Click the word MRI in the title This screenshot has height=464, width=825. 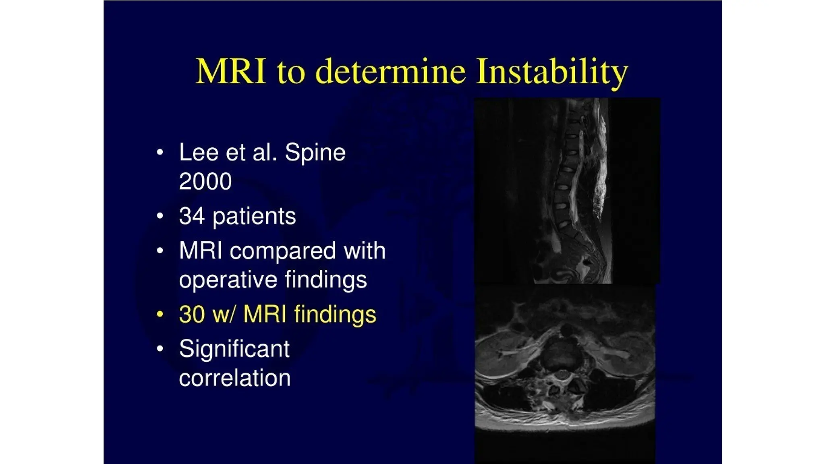coord(231,72)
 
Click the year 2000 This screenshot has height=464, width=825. coord(205,181)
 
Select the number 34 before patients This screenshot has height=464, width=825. coord(192,216)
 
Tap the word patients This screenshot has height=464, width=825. coord(254,217)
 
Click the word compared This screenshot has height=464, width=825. coord(282,251)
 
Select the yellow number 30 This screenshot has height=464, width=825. coord(192,314)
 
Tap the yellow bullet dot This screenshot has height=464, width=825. coord(160,314)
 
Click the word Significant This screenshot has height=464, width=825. coord(234,349)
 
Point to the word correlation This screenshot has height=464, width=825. coord(234,378)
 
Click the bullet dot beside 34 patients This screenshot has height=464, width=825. coord(160,216)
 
